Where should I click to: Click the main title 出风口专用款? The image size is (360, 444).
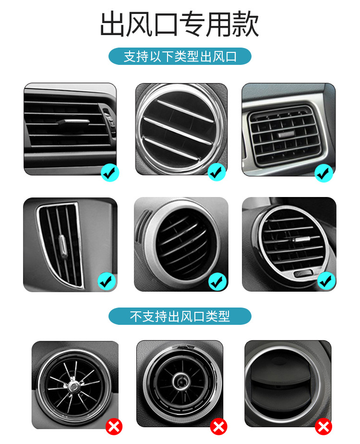[x=180, y=24]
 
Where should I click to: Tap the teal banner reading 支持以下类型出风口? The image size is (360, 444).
[x=180, y=56]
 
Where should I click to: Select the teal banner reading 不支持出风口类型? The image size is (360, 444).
[x=180, y=316]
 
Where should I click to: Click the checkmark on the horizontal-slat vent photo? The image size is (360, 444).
[x=110, y=173]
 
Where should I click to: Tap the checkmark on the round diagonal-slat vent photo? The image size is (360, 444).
[x=217, y=172]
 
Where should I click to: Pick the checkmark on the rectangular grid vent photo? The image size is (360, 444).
[x=324, y=173]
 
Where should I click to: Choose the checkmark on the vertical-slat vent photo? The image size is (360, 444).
[x=107, y=281]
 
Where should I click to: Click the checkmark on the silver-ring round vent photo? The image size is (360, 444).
[x=217, y=281]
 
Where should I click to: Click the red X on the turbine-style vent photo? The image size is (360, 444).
[x=114, y=425]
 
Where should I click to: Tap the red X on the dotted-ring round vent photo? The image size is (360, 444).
[x=219, y=426]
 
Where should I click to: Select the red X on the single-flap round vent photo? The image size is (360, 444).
[x=324, y=426]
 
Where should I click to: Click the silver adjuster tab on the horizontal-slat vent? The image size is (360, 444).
[x=69, y=122]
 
